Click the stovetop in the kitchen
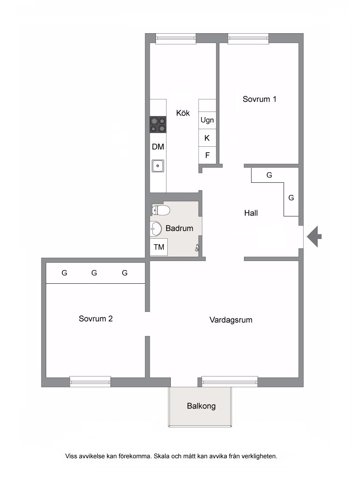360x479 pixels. [x=158, y=124]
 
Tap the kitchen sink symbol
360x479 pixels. [x=158, y=166]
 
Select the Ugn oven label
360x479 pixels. [x=207, y=120]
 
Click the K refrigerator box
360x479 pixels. [x=207, y=138]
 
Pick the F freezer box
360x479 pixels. [x=207, y=155]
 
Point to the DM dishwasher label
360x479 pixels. [x=158, y=147]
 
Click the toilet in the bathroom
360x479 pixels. [x=161, y=211]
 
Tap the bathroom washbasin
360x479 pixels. [x=156, y=229]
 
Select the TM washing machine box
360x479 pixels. [x=159, y=247]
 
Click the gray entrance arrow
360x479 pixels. [x=314, y=236]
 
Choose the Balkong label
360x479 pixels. [x=201, y=406]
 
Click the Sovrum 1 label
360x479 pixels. [x=259, y=99]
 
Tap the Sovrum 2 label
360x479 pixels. [x=96, y=319]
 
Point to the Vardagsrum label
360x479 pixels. [x=231, y=320]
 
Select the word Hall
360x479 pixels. [x=251, y=213]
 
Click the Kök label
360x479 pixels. [x=183, y=113]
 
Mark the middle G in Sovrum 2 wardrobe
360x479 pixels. [x=94, y=273]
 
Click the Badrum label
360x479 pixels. [x=179, y=228]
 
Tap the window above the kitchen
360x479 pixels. [x=175, y=38]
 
